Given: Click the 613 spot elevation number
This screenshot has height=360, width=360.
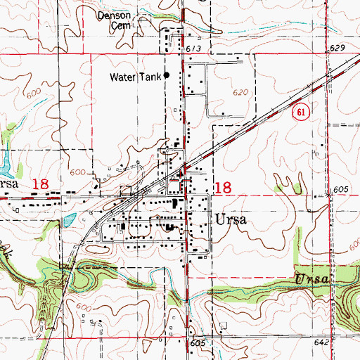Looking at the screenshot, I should point(194,48).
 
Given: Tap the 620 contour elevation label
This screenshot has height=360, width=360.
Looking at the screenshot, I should point(241,92).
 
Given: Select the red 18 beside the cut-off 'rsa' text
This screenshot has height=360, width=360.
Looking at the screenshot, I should point(40,184).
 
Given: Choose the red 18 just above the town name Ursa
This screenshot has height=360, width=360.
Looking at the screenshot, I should point(223,187).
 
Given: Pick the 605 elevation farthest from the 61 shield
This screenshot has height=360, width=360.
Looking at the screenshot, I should point(197,342).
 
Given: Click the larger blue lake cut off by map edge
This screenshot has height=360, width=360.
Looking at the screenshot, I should point(4,163).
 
